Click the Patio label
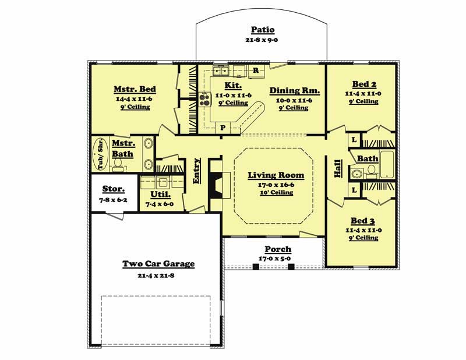(263, 30)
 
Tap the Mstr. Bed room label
(135, 89)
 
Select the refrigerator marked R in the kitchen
(256, 71)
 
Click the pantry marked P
(223, 128)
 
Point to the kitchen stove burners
(204, 100)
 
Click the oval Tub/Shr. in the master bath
(100, 154)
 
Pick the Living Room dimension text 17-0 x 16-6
(276, 185)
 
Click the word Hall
(338, 168)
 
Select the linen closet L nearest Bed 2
(354, 139)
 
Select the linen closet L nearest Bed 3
(354, 190)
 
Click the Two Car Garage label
(158, 264)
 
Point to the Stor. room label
(114, 189)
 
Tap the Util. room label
(161, 195)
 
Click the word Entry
(197, 171)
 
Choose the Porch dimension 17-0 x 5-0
(274, 259)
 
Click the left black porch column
(256, 267)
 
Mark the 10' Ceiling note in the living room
(276, 193)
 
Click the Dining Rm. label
(295, 90)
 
